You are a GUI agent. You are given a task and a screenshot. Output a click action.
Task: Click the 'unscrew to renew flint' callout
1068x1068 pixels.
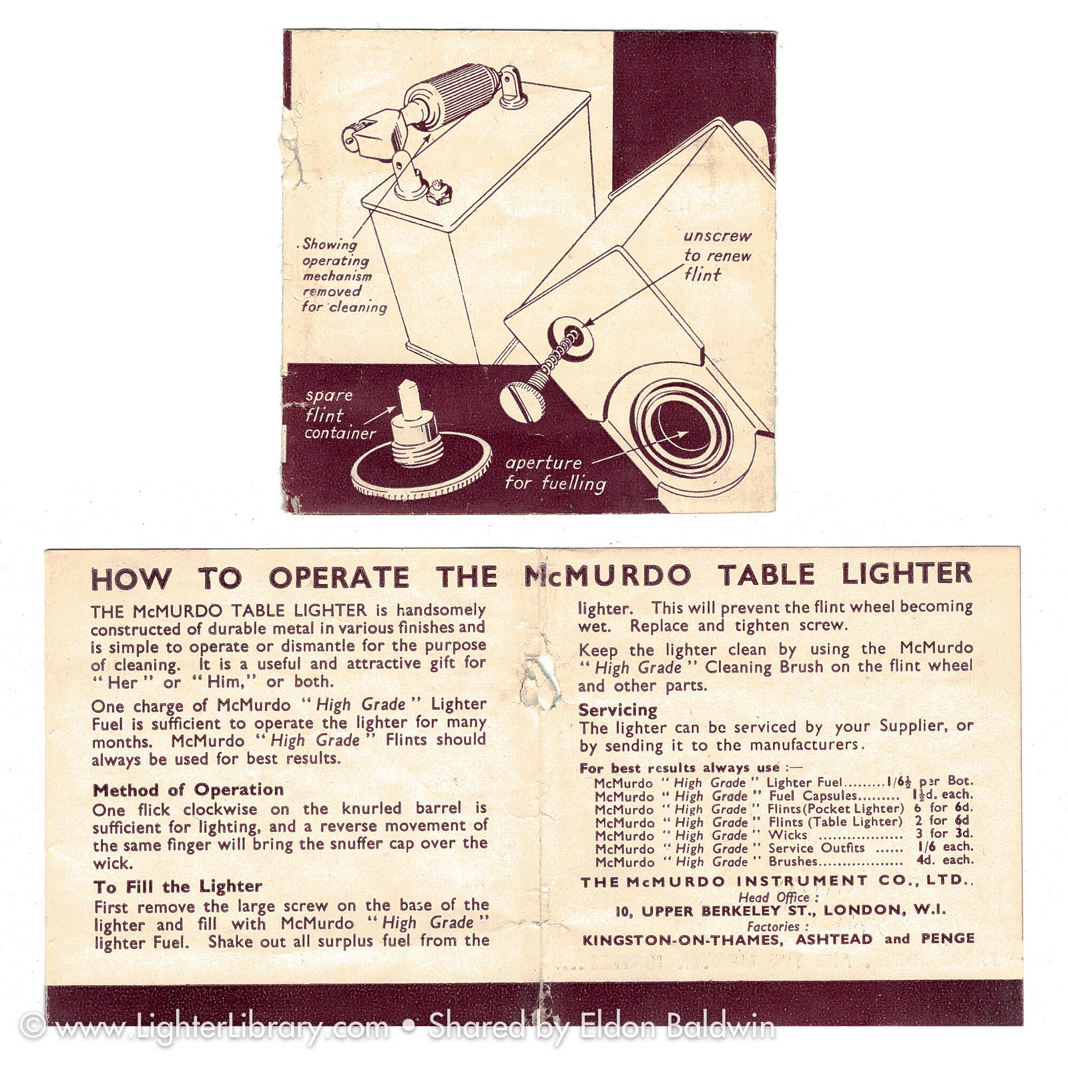(717, 255)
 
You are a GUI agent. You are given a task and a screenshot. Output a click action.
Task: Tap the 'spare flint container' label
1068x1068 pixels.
(340, 415)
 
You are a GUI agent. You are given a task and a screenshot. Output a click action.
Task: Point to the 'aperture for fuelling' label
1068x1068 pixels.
(555, 473)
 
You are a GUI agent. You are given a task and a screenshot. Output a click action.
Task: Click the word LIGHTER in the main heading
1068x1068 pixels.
(906, 574)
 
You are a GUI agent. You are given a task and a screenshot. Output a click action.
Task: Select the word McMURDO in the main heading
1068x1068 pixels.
(607, 576)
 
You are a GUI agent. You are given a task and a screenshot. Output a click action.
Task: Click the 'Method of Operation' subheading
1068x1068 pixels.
(188, 790)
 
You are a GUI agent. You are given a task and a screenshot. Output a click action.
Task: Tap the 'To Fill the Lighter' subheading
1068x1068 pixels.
(178, 886)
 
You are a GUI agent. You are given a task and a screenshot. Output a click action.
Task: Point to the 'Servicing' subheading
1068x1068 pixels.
(617, 710)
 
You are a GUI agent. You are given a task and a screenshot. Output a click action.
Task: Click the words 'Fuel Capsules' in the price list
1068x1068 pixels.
(812, 796)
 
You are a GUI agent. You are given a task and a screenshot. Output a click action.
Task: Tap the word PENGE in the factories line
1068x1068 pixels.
(947, 939)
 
